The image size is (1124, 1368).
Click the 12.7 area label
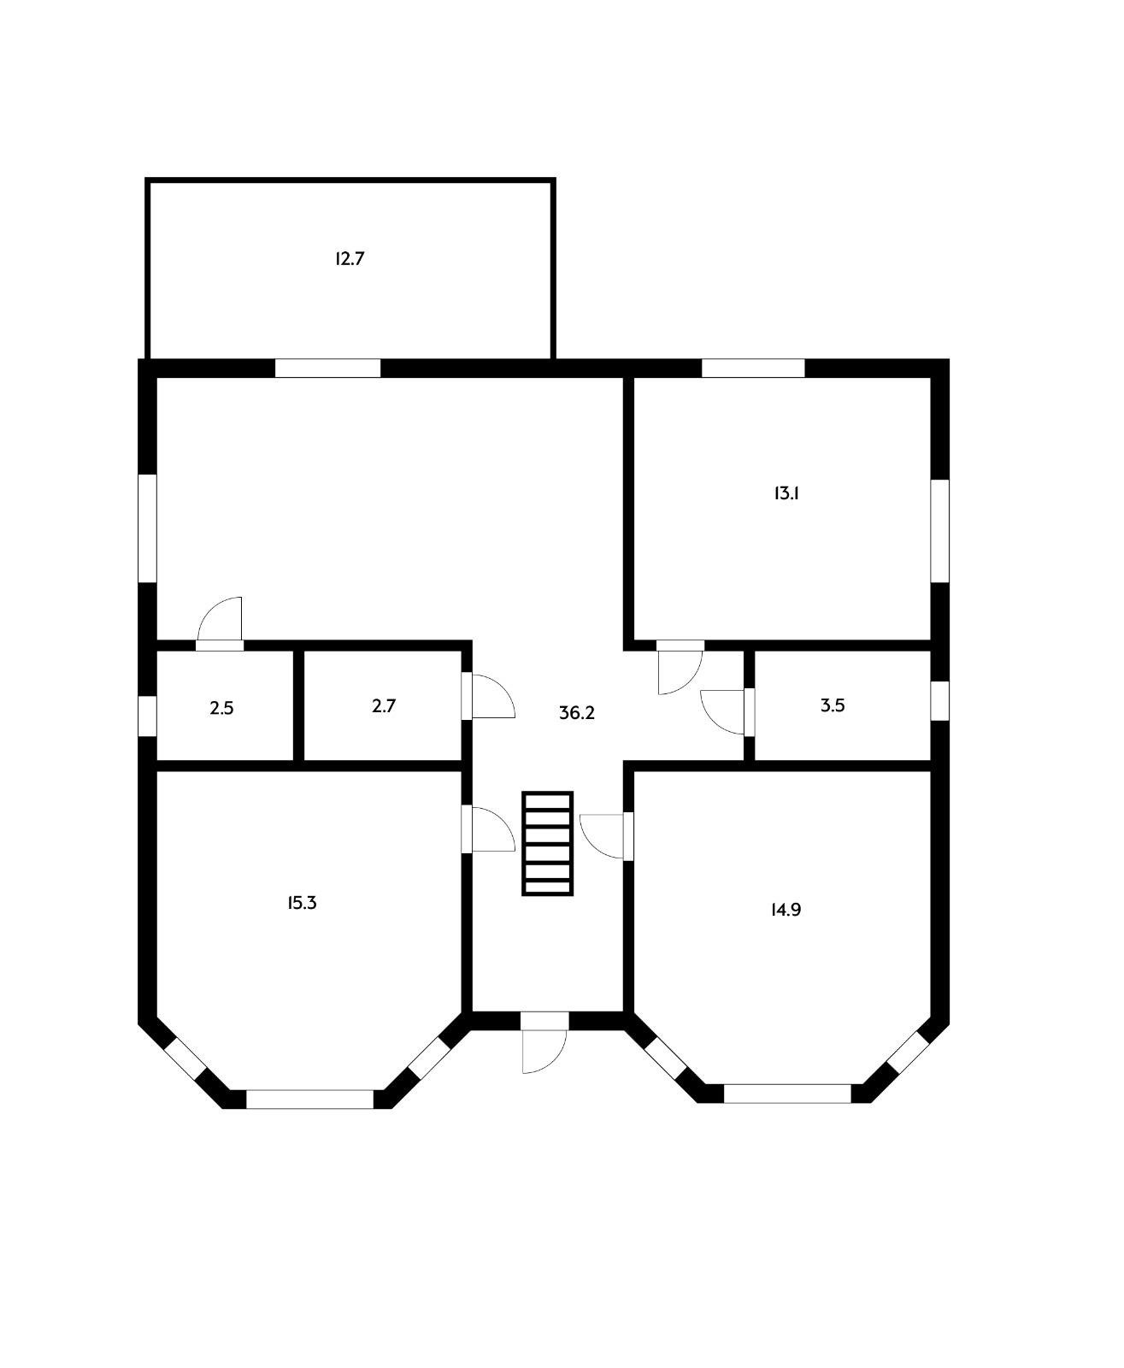pos(350,259)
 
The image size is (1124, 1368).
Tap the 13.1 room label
pos(786,493)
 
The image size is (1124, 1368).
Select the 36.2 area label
pos(577,713)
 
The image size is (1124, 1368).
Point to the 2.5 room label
pos(221,708)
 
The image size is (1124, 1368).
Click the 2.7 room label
pos(383,705)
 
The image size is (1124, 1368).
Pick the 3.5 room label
pos(833,705)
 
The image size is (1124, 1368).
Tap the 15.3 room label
pos(302,903)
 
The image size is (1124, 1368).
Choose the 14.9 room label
pos(786,910)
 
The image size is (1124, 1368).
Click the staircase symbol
pos(547,843)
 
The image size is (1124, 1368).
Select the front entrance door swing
pos(544,1051)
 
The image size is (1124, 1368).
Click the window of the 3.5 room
pos(940,700)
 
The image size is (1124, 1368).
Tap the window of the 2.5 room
pos(148,716)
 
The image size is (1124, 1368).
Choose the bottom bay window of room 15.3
pos(310,1099)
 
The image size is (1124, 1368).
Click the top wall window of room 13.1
pos(753,368)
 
